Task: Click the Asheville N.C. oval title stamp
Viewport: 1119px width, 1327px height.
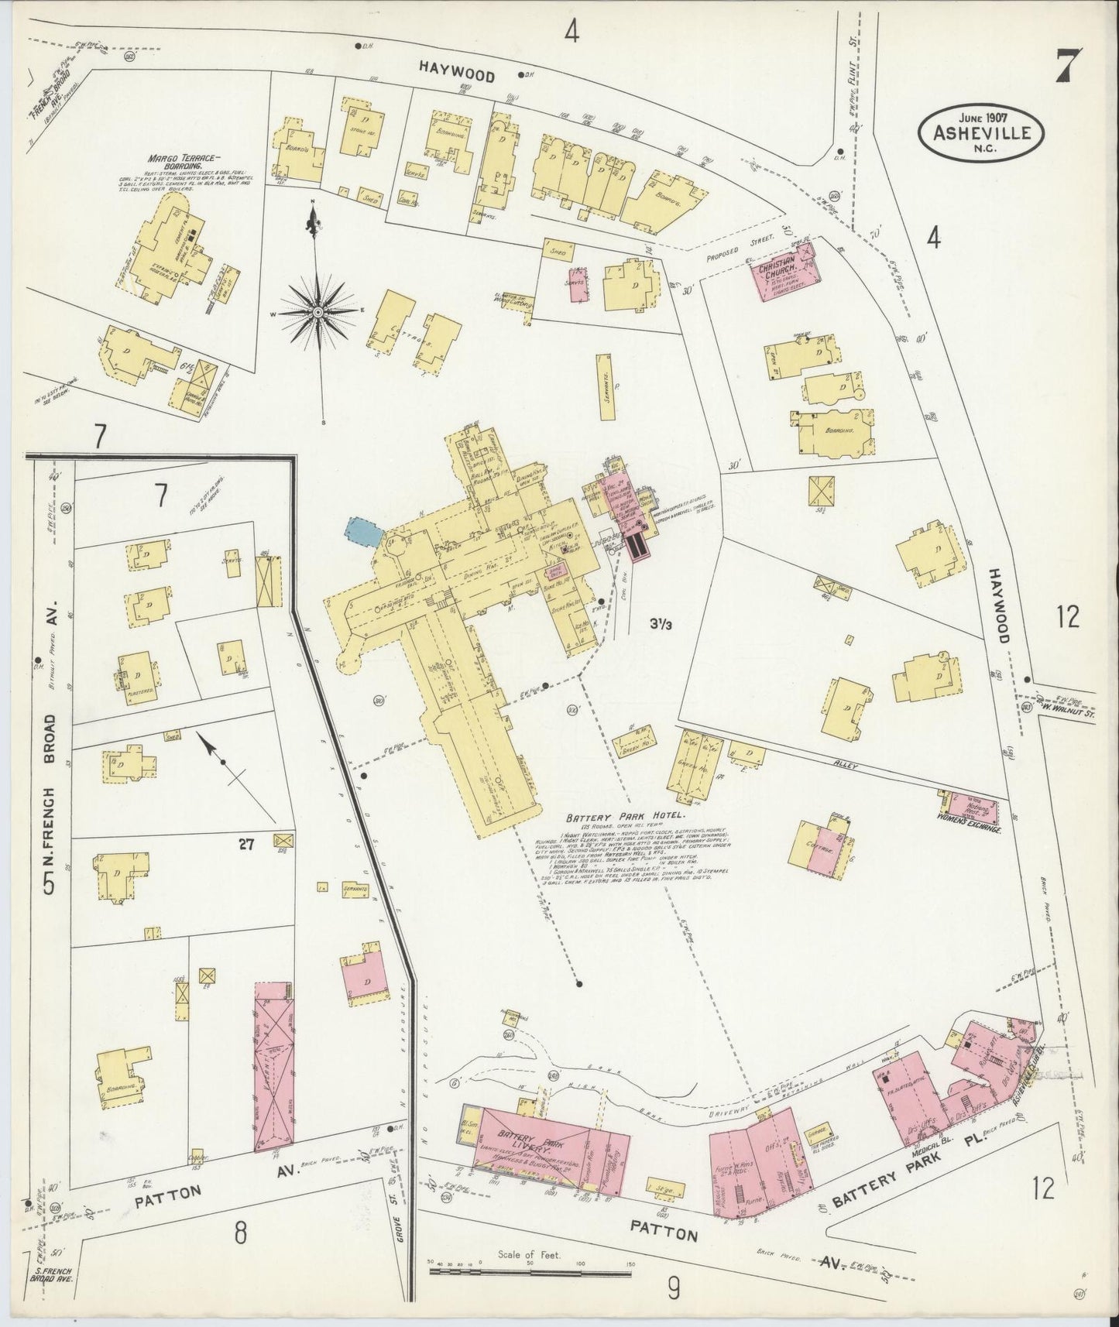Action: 982,133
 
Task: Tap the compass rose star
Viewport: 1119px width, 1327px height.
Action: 318,311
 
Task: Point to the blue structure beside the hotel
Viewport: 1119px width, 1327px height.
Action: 362,533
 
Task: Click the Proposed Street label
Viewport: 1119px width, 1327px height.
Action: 733,249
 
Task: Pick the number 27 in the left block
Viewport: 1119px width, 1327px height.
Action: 246,845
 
